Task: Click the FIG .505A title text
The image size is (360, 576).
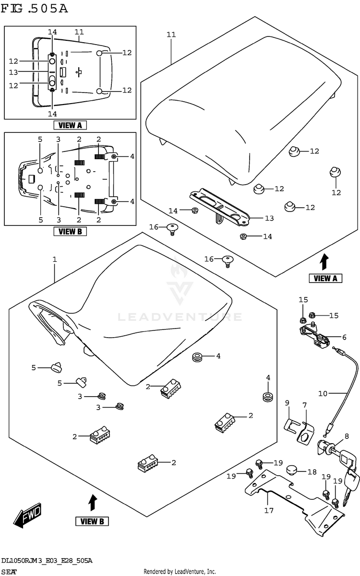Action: click(34, 9)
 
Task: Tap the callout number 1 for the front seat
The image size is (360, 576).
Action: click(55, 259)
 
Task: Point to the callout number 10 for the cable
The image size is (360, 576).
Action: click(323, 393)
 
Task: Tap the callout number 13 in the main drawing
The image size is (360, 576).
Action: click(269, 218)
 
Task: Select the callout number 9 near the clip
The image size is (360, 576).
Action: click(287, 403)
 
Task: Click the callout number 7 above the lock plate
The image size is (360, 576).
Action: click(305, 405)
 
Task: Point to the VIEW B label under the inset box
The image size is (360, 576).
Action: click(70, 232)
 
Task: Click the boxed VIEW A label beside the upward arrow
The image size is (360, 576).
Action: click(325, 278)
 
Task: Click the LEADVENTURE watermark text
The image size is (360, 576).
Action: click(180, 317)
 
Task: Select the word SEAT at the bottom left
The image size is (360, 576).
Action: click(9, 572)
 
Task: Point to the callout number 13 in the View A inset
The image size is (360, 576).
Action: click(13, 72)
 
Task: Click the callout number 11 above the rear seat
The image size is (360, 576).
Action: click(171, 35)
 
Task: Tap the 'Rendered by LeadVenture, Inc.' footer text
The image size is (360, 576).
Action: click(180, 571)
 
